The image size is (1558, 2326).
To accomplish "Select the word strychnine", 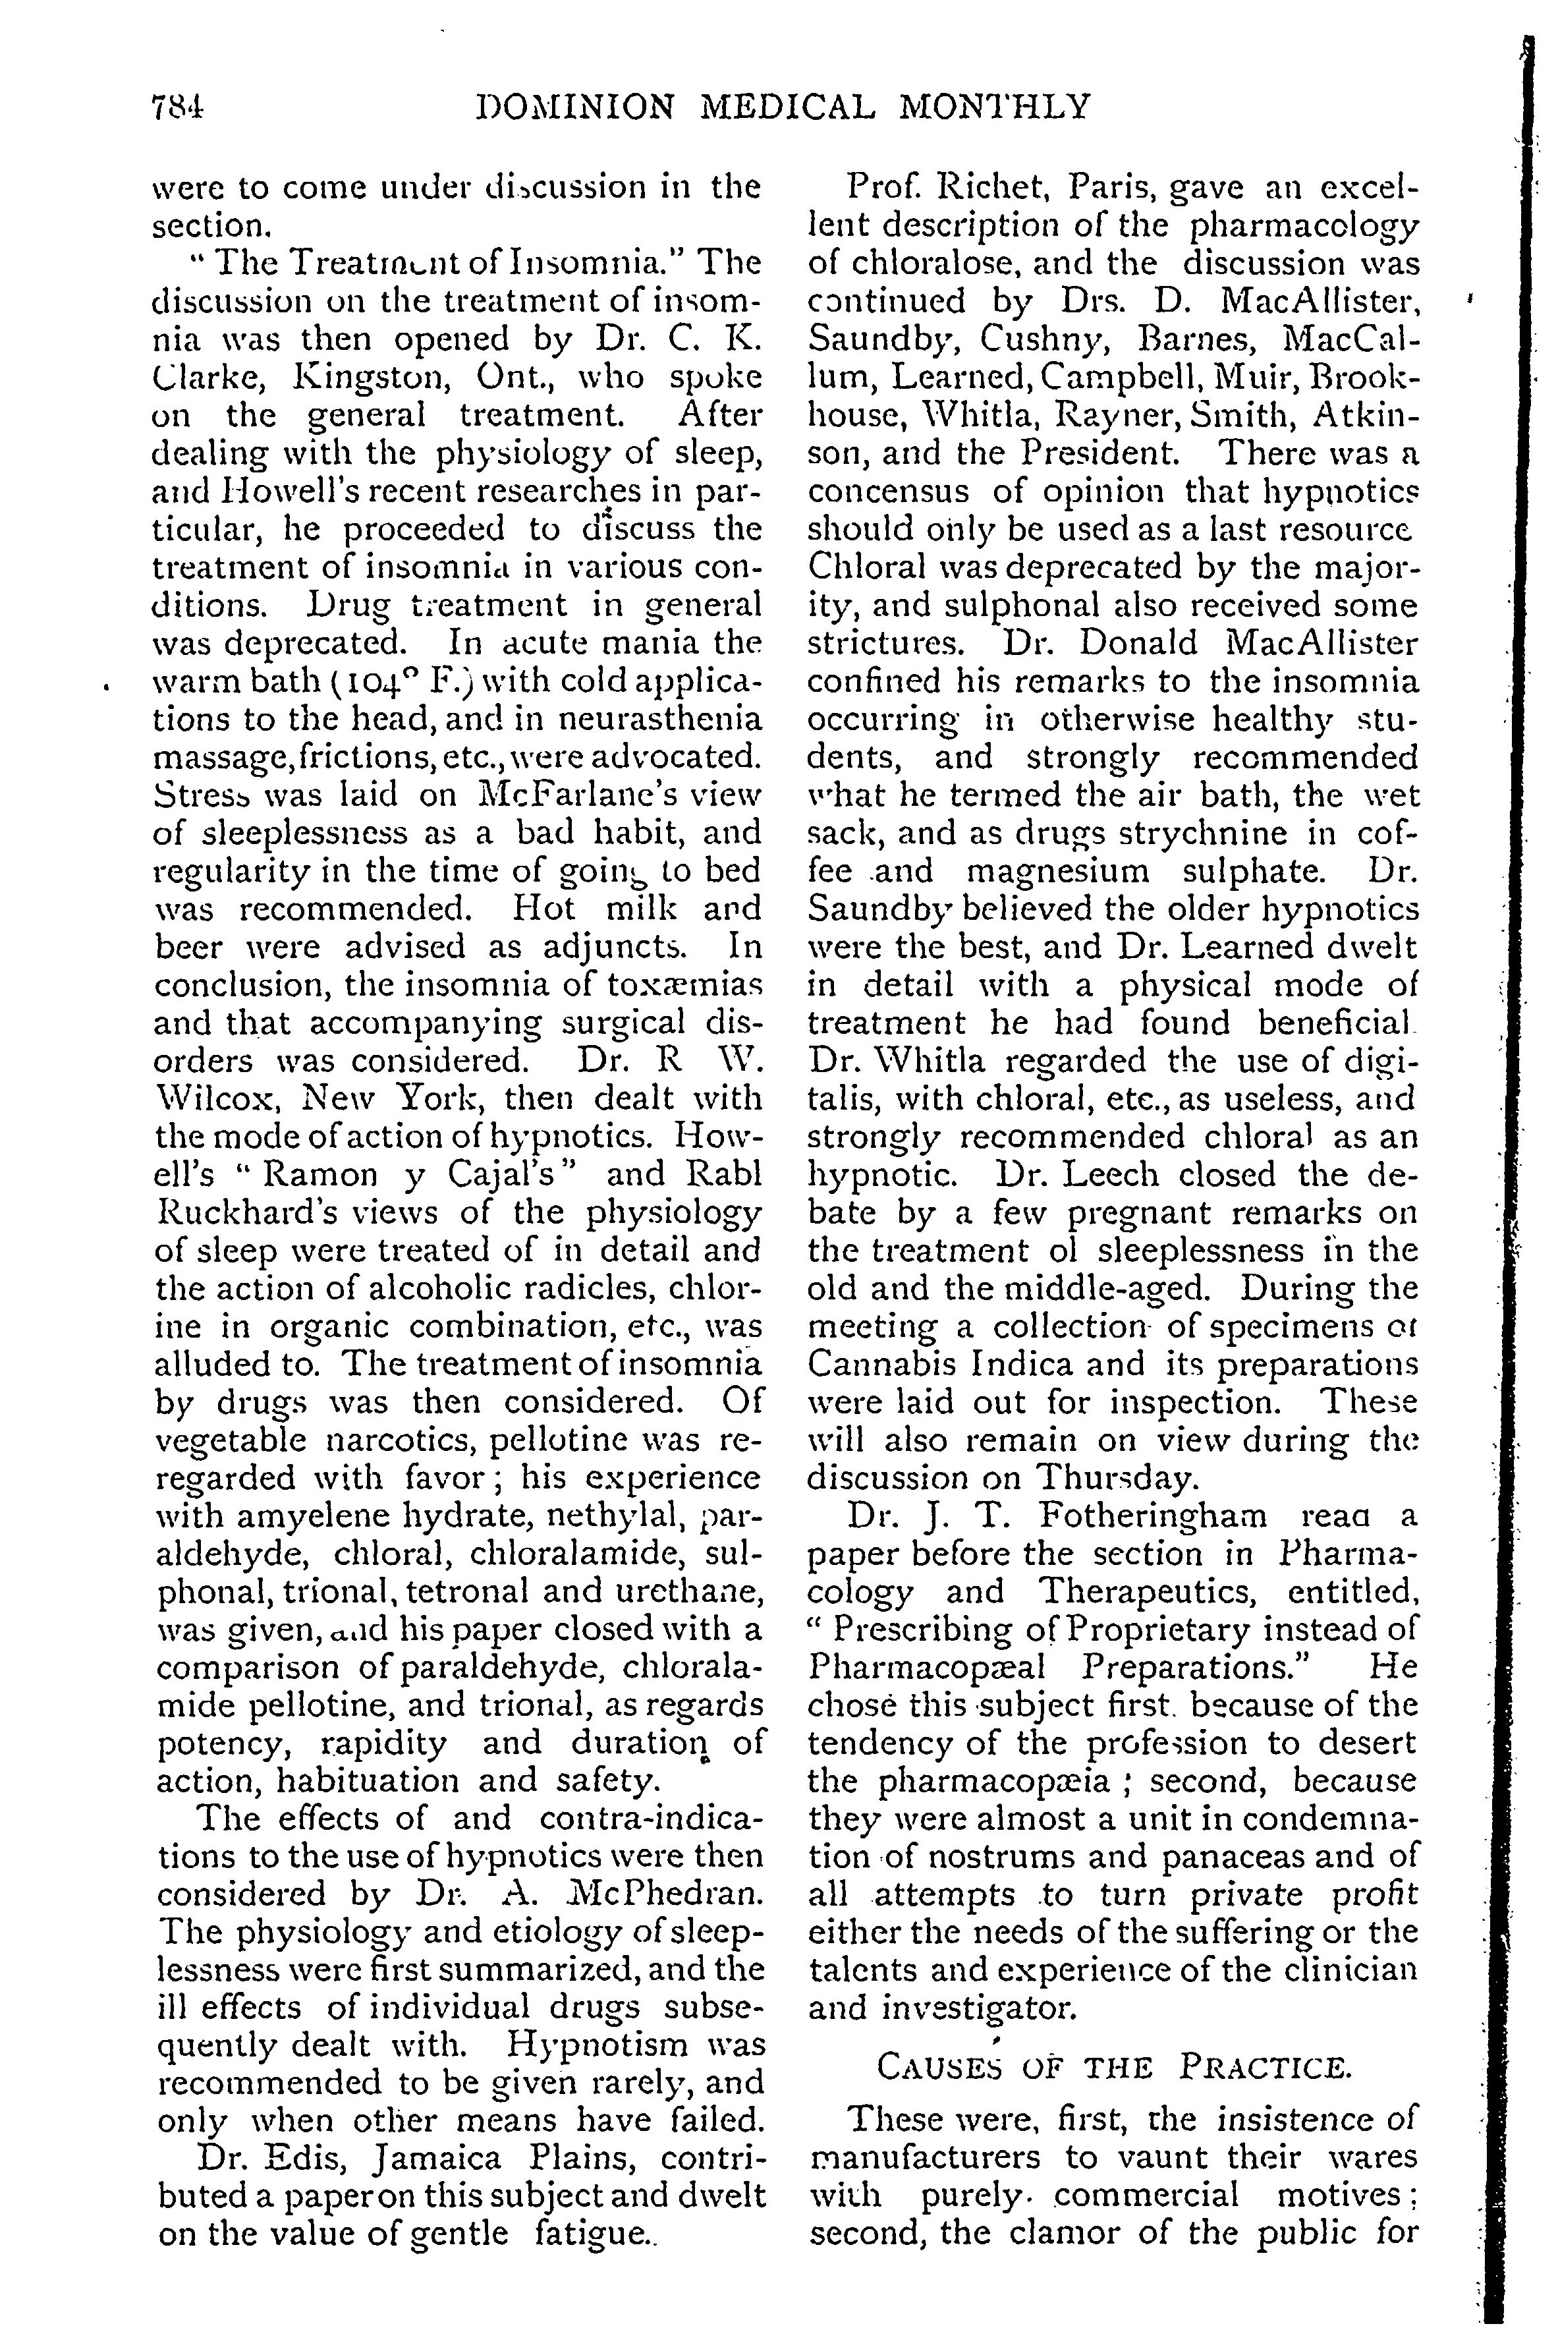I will point(1225,833).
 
